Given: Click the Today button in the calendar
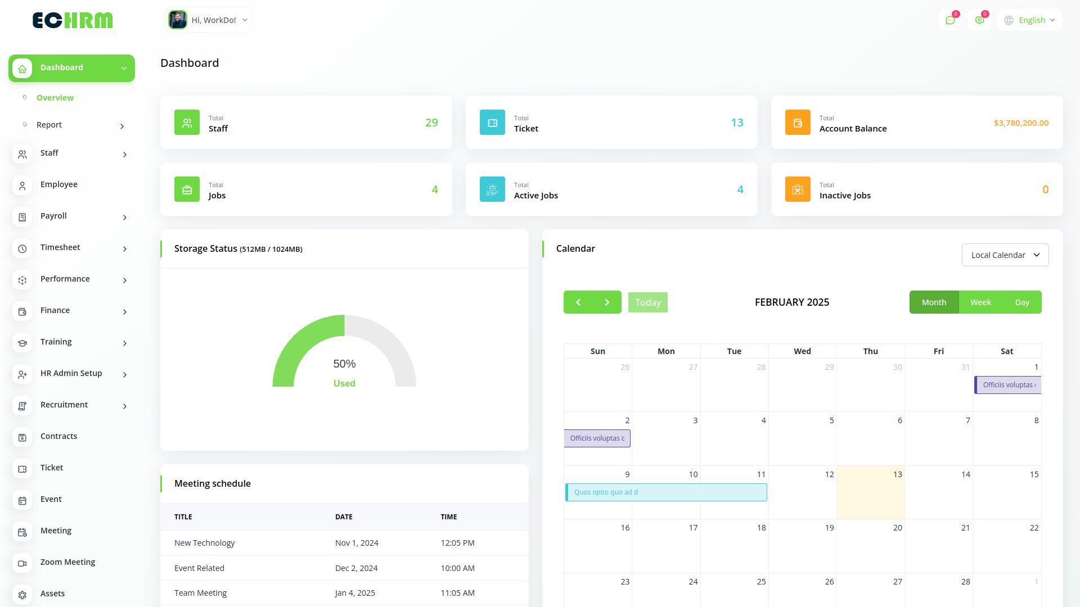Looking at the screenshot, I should pos(647,302).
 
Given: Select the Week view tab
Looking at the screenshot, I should pos(980,302).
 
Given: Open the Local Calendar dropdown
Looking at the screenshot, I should pos(1005,255).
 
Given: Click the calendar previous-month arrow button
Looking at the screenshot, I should pos(578,302).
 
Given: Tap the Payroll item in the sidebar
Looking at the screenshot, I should pos(53,216).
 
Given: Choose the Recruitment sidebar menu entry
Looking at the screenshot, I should pos(64,405).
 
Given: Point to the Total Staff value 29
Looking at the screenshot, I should pos(431,123).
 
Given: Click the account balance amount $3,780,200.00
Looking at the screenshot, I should pos(1021,123).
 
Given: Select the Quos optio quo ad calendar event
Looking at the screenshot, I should pos(666,492).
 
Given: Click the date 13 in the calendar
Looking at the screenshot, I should pos(897,474).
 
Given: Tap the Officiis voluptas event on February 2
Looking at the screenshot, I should pos(597,438).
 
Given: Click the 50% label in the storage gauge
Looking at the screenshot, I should pos(344,364).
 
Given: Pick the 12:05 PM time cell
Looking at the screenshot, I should pos(457,543).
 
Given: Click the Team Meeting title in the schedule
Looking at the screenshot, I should pos(200,593).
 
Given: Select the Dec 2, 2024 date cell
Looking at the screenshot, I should pos(356,568).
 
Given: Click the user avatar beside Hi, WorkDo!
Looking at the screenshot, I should pos(178,20).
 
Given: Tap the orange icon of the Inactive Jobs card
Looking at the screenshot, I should pos(798,189).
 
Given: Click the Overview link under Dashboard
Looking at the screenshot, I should pos(55,98).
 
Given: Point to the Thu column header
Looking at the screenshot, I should pos(870,351).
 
